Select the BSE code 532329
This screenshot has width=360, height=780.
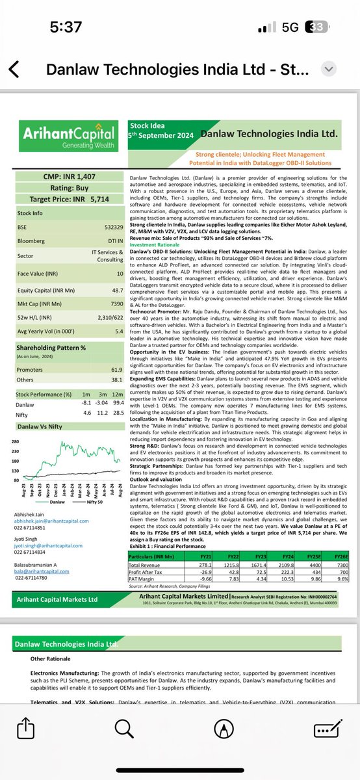pos(113,227)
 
